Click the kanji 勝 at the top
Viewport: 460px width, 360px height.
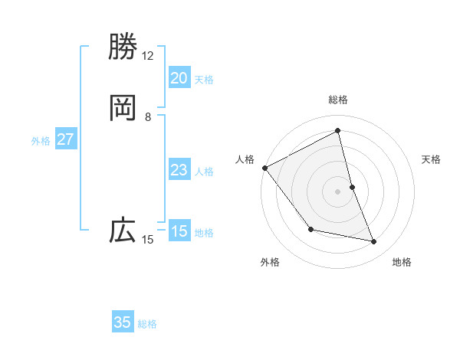click(x=123, y=47)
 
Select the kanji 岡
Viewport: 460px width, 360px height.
click(x=123, y=108)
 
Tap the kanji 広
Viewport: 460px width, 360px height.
click(x=123, y=231)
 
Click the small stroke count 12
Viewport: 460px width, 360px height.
click(x=147, y=56)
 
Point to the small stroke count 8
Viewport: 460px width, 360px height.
click(x=147, y=117)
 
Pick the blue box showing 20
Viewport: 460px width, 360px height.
click(x=179, y=78)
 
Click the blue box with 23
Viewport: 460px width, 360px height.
click(x=179, y=170)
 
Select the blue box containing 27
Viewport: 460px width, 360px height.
click(x=65, y=139)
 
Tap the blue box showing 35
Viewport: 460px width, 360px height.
click(x=123, y=322)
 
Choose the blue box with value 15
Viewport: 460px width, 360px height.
click(x=179, y=231)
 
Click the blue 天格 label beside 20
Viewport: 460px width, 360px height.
click(x=204, y=80)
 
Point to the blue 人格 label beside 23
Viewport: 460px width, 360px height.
click(x=204, y=172)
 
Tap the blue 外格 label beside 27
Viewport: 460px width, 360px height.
click(x=41, y=141)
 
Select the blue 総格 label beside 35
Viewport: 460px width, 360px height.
click(x=147, y=324)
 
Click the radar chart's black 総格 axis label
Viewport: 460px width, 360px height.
click(x=338, y=100)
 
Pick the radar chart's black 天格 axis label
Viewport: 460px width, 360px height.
click(x=432, y=159)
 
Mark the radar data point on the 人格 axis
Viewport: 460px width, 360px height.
click(x=264, y=168)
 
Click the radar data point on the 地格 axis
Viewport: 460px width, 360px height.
click(x=374, y=242)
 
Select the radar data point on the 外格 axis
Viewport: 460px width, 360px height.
click(x=310, y=229)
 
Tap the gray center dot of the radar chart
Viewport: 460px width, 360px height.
click(x=338, y=191)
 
